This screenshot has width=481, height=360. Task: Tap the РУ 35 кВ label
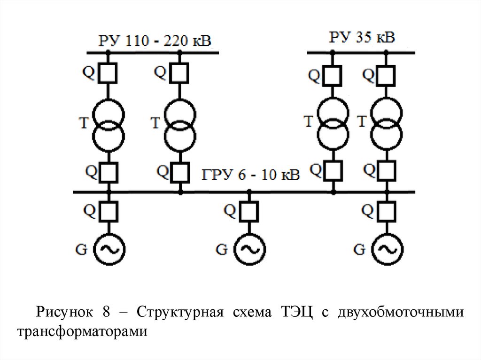(x=362, y=37)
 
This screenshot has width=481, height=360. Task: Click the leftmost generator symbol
(x=109, y=249)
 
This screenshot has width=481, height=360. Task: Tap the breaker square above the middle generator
(x=249, y=212)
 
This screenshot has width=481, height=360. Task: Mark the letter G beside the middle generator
(x=221, y=249)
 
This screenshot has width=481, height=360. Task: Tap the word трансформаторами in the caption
(x=82, y=331)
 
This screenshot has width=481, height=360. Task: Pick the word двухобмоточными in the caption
(x=401, y=312)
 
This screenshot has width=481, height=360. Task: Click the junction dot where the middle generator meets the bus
(x=249, y=192)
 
